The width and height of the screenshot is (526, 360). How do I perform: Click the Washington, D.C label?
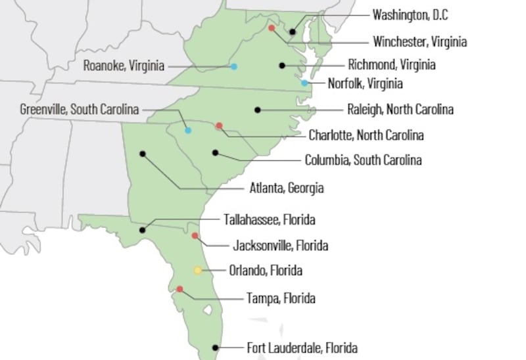[x=411, y=14]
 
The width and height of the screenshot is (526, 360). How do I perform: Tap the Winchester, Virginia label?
[x=420, y=41]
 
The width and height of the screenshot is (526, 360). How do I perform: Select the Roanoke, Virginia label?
[x=124, y=66]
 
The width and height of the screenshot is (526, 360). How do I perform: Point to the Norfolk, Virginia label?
[x=366, y=83]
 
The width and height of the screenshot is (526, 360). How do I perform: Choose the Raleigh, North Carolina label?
[x=400, y=109]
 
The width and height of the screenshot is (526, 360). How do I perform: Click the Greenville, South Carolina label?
[x=80, y=109]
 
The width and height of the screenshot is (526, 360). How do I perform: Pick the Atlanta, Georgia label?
[x=286, y=189]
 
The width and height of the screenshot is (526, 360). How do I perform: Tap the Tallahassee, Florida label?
[x=269, y=219]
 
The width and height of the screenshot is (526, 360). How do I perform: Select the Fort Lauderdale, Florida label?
[x=302, y=348]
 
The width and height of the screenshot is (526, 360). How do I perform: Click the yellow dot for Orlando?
[x=197, y=270]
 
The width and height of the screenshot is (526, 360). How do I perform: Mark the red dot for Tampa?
[x=179, y=289]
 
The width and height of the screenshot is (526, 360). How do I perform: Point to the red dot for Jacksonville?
[x=195, y=236]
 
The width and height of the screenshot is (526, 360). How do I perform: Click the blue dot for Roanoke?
[x=233, y=66]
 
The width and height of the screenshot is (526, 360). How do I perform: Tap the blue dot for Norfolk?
[x=304, y=83]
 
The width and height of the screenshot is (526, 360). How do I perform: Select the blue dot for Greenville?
[x=188, y=130]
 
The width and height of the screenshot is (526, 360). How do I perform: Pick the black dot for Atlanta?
[x=142, y=154]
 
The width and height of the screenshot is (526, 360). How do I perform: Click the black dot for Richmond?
[x=282, y=65]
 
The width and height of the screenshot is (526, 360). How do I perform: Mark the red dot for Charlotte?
[x=219, y=125]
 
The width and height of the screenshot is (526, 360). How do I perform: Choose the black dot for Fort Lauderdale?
[x=215, y=348]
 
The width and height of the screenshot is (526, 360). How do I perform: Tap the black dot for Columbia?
[x=215, y=152]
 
